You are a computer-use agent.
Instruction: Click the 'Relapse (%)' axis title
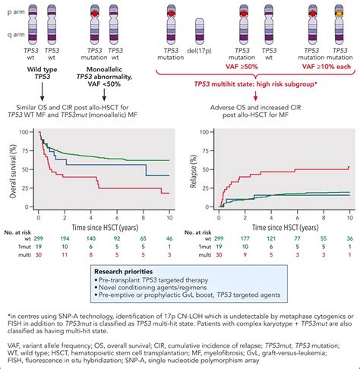coord(194,167)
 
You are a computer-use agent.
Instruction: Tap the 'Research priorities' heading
coord(130,270)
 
